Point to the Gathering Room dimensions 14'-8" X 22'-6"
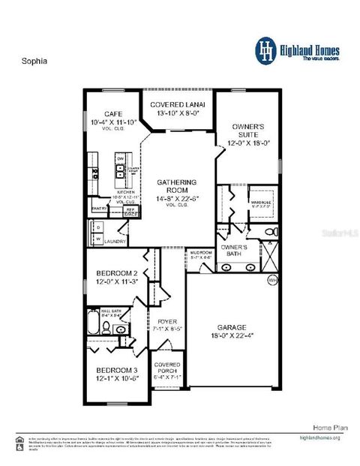[177, 198]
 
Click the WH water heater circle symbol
[272, 280]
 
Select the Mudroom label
[200, 252]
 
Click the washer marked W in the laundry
[97, 239]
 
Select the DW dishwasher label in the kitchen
[119, 159]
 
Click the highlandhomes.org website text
[320, 437]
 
